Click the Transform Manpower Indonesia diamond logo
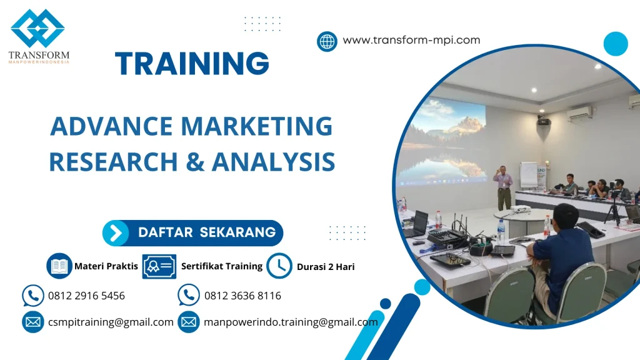tap(37, 28)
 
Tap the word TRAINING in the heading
tap(192, 63)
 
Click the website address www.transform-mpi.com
tap(411, 40)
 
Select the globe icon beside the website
tap(327, 41)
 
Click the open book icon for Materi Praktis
tap(59, 266)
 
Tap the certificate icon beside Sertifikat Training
tap(159, 266)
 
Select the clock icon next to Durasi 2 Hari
tap(279, 266)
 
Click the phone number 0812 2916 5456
tap(86, 296)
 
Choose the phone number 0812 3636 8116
tap(242, 296)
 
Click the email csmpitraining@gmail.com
tap(111, 322)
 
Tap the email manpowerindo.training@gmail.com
tap(291, 322)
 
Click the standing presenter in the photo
tap(503, 186)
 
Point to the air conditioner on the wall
tap(579, 113)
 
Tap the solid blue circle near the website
tap(615, 44)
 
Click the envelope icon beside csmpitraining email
tap(32, 322)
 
